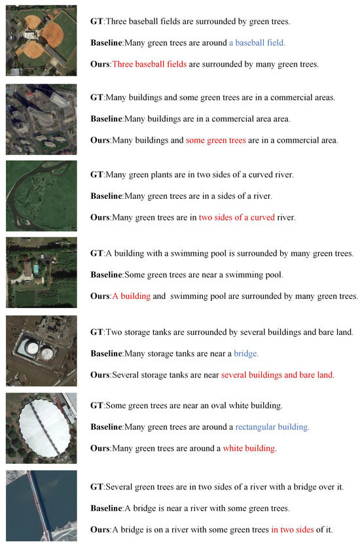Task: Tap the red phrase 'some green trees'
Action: (x=215, y=140)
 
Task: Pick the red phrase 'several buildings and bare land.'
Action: (x=278, y=375)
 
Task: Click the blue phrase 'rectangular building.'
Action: (x=272, y=427)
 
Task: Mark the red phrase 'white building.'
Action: (x=249, y=448)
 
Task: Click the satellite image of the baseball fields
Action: (x=41, y=41)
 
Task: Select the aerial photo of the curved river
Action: (x=41, y=196)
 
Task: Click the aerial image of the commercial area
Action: (x=41, y=118)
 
